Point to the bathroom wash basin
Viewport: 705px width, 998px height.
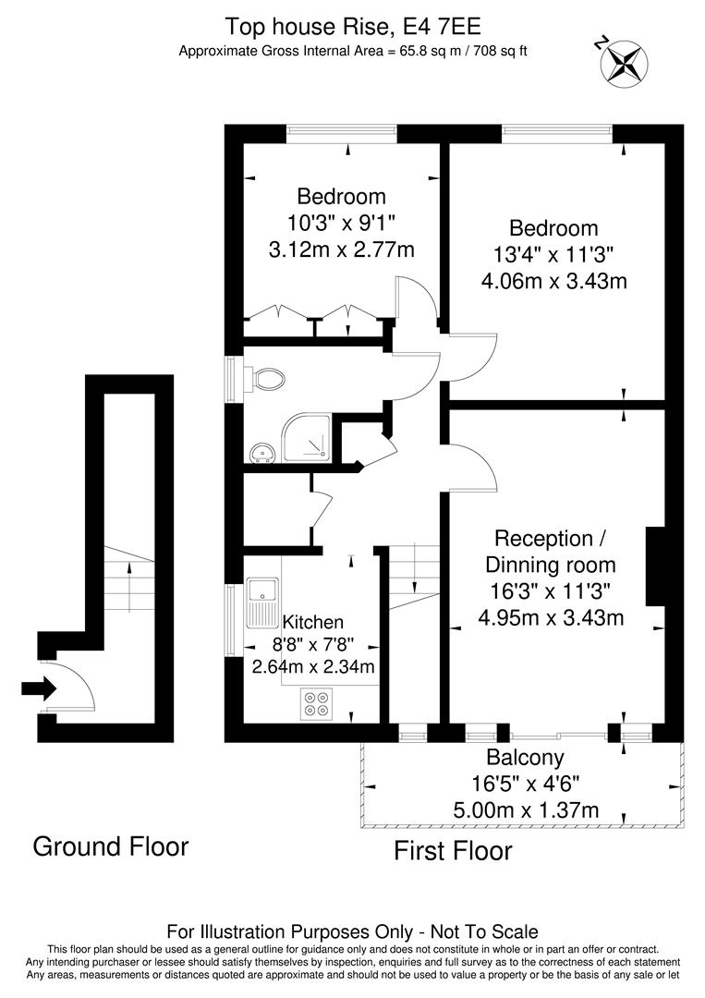[261, 452]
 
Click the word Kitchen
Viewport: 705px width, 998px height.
[312, 622]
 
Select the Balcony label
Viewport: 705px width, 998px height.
[525, 758]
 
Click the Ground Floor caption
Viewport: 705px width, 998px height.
[111, 846]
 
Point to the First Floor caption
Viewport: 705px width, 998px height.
[453, 850]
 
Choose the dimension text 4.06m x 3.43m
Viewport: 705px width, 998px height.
[554, 280]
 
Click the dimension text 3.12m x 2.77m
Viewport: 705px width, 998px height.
[341, 249]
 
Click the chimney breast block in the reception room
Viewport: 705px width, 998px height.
[655, 566]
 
